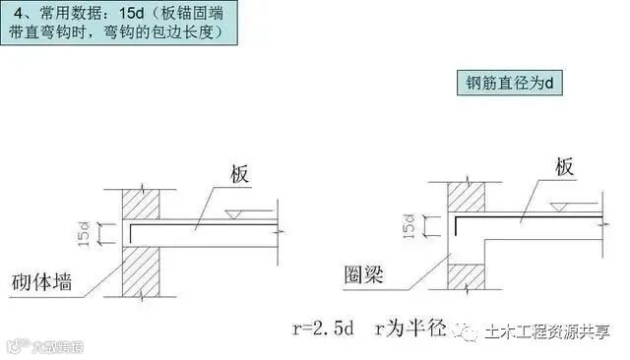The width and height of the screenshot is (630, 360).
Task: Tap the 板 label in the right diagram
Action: click(x=563, y=167)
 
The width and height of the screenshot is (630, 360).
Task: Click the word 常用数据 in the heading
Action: click(x=63, y=15)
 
